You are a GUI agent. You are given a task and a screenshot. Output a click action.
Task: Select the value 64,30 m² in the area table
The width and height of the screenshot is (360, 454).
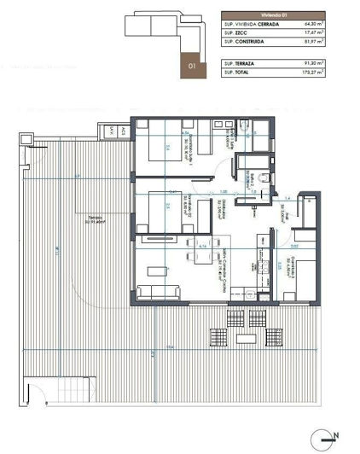333,25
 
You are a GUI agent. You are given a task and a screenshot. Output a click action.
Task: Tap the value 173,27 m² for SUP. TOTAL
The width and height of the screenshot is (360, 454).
332,73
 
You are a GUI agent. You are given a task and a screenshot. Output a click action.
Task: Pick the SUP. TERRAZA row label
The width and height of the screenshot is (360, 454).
241,64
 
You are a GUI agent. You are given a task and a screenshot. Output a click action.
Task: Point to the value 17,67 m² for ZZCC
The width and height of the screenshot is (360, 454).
333,34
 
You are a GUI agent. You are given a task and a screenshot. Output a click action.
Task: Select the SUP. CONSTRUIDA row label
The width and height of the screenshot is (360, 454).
247,44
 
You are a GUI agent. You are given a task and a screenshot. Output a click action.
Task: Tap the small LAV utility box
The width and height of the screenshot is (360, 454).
111,131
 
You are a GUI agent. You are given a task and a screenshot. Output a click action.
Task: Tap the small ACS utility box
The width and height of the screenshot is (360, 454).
124,131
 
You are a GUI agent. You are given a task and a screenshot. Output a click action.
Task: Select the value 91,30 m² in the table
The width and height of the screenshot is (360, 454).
333,64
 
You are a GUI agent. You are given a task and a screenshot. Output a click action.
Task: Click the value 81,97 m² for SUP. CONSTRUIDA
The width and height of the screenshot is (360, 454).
333,44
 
